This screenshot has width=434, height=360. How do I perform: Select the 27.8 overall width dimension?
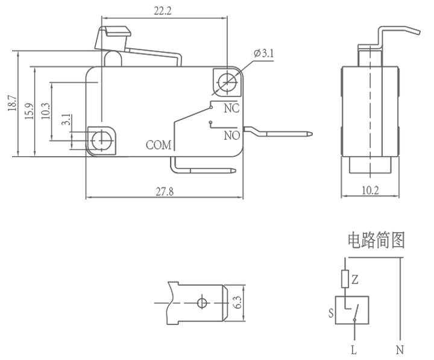click(x=164, y=192)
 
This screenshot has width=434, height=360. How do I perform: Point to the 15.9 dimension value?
click(x=28, y=111)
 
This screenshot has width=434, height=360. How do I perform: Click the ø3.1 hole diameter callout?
click(x=264, y=54)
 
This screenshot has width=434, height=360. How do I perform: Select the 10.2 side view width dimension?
click(x=370, y=191)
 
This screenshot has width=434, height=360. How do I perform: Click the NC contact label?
click(x=231, y=109)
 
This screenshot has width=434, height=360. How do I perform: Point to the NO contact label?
click(x=232, y=135)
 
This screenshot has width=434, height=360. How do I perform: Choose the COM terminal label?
click(x=159, y=145)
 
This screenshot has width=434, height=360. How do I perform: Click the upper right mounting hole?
click(x=227, y=81)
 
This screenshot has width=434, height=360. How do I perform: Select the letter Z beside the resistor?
click(x=355, y=279)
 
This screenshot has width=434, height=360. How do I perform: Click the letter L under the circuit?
click(x=354, y=349)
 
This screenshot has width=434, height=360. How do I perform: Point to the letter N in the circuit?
click(x=400, y=349)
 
